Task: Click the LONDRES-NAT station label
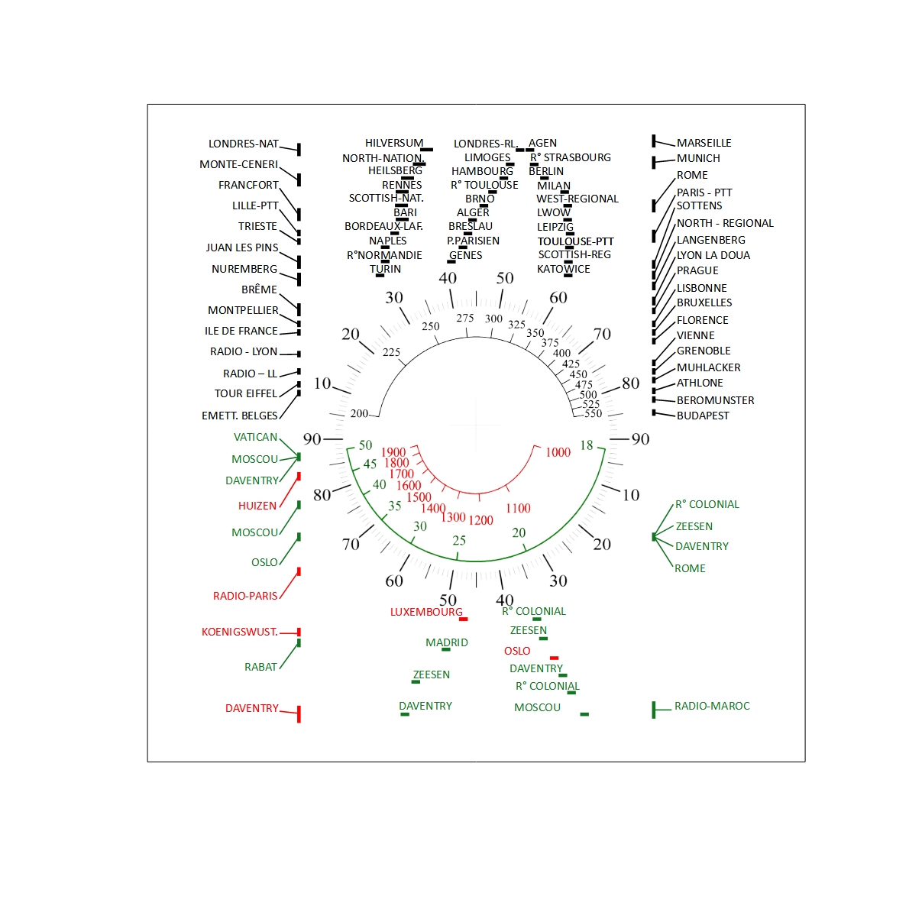click(244, 144)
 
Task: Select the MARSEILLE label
click(704, 143)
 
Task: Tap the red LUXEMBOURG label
click(426, 612)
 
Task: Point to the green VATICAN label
click(255, 437)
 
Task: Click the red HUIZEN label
click(257, 506)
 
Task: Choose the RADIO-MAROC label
click(712, 706)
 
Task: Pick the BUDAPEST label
click(703, 416)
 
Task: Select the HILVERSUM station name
click(393, 143)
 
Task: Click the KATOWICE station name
click(563, 269)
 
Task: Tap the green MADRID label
click(446, 642)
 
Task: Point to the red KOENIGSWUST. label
click(239, 632)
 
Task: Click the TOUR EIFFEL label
click(246, 393)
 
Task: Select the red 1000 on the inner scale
click(558, 452)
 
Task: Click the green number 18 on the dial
click(586, 445)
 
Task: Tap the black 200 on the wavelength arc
click(359, 413)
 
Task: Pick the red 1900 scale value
click(393, 452)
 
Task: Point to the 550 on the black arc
click(593, 413)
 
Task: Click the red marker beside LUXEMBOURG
click(463, 619)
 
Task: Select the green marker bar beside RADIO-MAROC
click(654, 710)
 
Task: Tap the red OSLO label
click(516, 651)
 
